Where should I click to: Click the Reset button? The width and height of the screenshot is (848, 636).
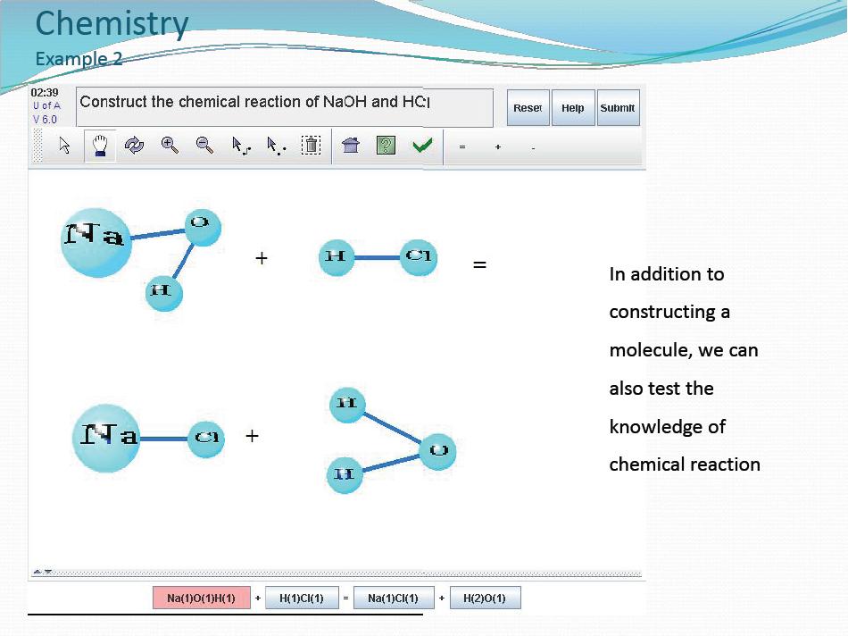tap(528, 108)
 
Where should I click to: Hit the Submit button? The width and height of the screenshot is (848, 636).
tap(619, 108)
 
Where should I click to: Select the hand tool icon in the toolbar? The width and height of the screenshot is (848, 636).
tap(100, 146)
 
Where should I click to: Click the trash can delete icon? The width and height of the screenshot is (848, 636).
tap(311, 145)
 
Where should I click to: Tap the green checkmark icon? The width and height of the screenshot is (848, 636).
tap(422, 145)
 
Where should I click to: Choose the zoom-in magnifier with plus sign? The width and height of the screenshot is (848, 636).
tap(170, 145)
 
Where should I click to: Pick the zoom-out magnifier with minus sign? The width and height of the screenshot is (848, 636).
tap(204, 145)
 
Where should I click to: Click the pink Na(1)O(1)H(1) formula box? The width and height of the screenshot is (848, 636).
tap(201, 598)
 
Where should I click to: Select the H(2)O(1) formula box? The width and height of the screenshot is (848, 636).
tap(485, 598)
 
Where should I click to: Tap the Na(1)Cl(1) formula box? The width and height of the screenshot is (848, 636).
tap(393, 598)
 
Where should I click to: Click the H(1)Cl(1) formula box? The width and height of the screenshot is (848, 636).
tap(302, 598)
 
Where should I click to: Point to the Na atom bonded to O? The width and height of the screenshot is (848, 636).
tap(96, 242)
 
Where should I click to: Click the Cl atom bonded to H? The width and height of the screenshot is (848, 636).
tap(419, 257)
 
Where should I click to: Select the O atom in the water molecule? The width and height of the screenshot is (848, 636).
tap(438, 451)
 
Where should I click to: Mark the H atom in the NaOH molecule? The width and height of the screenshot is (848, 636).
tap(164, 293)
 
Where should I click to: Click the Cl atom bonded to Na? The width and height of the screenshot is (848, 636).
tap(206, 439)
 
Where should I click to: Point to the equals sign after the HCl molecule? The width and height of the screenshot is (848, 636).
tap(479, 264)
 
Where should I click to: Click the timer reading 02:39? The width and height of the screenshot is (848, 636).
tap(45, 93)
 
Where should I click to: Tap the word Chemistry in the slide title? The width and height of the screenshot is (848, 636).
tap(112, 24)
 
